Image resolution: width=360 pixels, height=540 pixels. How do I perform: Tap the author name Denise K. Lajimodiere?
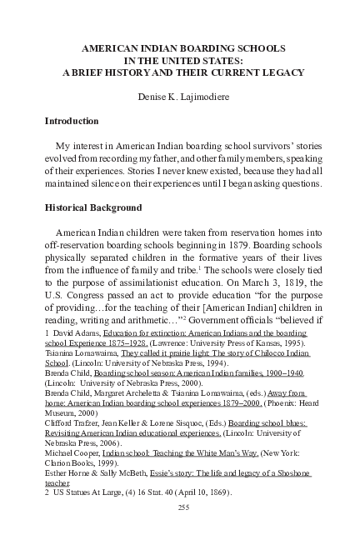point(180,97)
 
